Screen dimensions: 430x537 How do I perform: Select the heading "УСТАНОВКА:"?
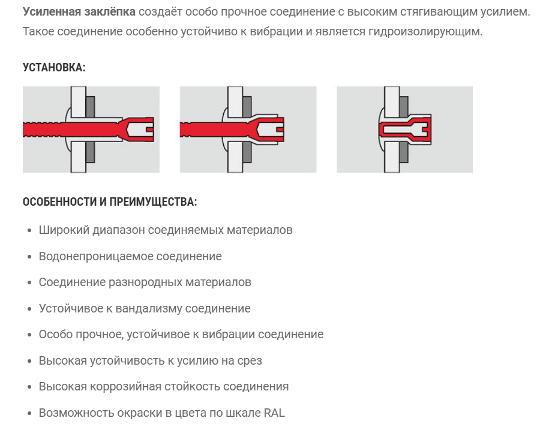(x=54, y=67)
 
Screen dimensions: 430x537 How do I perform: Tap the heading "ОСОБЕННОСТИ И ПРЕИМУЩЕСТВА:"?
(x=110, y=202)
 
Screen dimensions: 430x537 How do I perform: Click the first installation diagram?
(x=91, y=130)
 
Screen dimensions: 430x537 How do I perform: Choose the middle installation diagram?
(x=248, y=130)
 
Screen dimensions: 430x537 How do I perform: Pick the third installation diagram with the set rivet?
(x=404, y=130)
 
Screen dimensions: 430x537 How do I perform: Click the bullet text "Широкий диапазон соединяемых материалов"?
(x=166, y=230)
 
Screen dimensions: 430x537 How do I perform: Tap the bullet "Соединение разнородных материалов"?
(x=145, y=282)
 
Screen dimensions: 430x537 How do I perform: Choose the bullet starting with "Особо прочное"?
(x=181, y=334)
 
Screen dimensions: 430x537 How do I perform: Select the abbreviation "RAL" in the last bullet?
(x=273, y=413)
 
